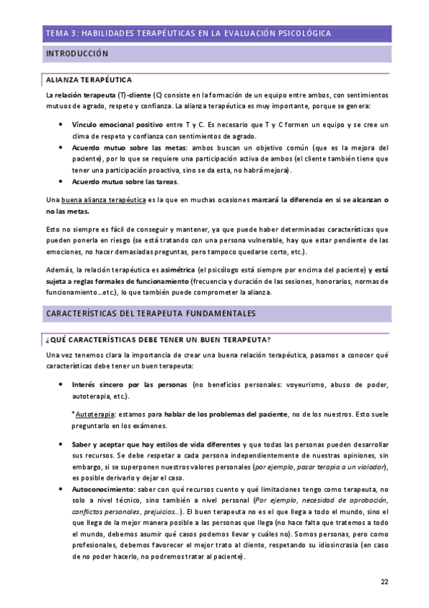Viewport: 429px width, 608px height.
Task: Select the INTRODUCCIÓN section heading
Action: coord(77,54)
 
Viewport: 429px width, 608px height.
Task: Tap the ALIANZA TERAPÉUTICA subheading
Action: coord(88,80)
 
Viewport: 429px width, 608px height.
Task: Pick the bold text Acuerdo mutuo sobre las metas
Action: coord(126,147)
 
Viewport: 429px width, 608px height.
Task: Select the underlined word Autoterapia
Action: coord(95,414)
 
